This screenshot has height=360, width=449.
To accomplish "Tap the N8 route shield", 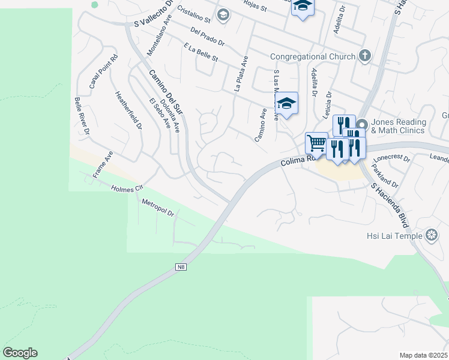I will (x=181, y=266).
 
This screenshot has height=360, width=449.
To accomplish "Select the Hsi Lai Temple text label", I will (x=395, y=235).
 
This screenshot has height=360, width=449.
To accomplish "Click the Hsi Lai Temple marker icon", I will (x=431, y=235).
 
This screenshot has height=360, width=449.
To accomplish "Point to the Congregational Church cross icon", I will (x=364, y=56).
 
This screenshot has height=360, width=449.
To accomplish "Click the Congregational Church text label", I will (x=313, y=57).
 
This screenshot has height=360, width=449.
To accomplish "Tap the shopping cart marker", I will (x=316, y=143).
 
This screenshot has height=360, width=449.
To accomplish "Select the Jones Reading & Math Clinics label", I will (x=398, y=126).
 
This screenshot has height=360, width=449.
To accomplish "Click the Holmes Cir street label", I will (x=128, y=188).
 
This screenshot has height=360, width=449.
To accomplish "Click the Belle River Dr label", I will (x=82, y=116).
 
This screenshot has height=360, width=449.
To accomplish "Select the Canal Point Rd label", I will (x=104, y=72).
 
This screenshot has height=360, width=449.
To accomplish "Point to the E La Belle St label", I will (x=200, y=52).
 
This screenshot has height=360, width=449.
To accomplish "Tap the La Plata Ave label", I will (x=241, y=74).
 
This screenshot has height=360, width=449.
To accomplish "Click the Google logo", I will (x=20, y=353).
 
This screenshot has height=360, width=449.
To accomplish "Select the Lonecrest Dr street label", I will (x=391, y=160).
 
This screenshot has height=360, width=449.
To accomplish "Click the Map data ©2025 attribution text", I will (x=423, y=355).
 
